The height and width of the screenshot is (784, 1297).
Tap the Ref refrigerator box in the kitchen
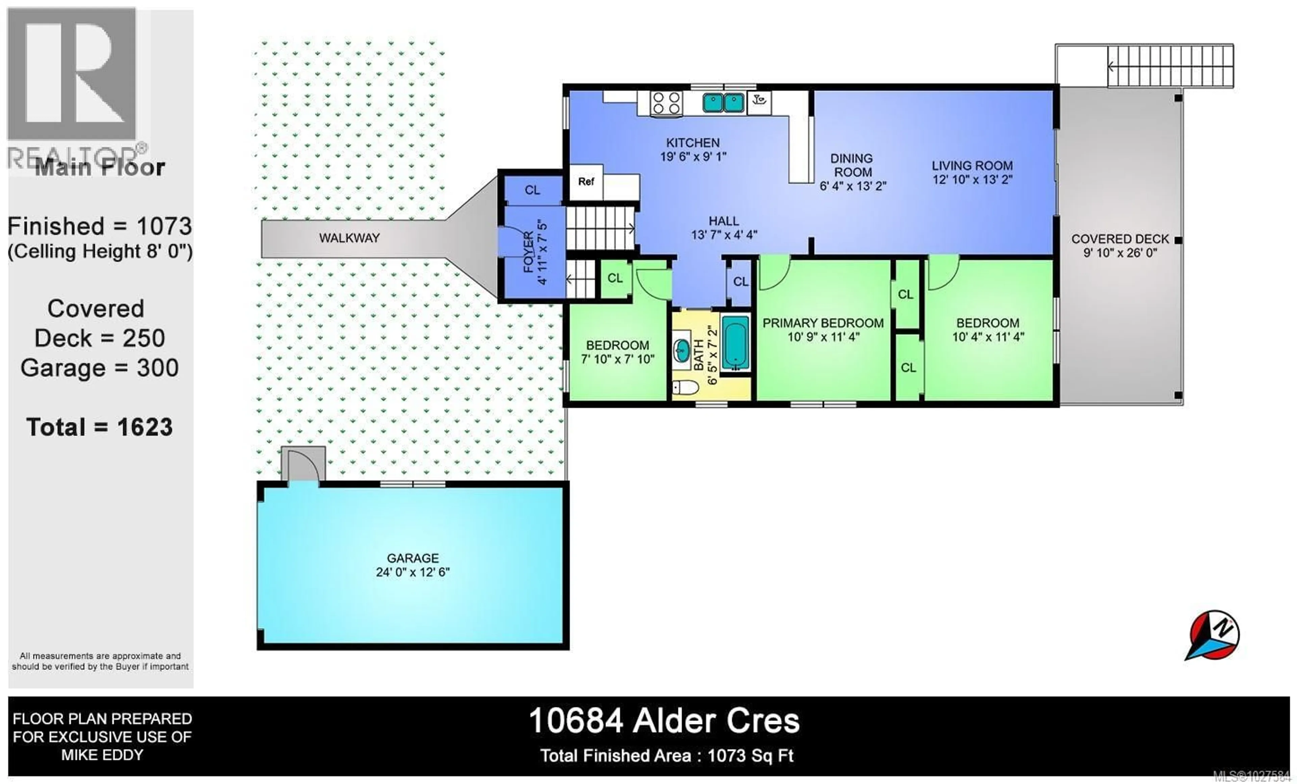[586, 182]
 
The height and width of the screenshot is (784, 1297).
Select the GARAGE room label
[413, 558]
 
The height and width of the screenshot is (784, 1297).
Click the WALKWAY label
[349, 238]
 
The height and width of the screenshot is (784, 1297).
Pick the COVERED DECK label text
[1120, 239]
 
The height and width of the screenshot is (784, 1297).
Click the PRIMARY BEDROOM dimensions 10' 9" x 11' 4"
[823, 337]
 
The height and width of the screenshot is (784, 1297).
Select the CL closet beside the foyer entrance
[532, 190]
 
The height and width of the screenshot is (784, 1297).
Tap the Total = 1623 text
[100, 427]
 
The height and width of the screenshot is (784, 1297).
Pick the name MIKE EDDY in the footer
[102, 755]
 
